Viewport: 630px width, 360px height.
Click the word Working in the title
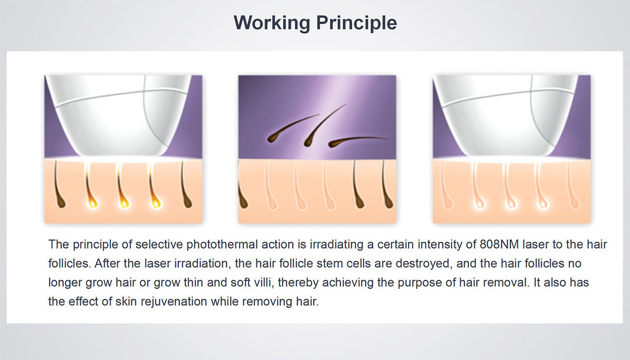point(272,23)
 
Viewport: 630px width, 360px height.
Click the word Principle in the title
point(356,23)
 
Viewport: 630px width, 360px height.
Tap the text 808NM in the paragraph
point(499,245)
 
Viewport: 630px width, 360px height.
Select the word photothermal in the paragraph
point(222,245)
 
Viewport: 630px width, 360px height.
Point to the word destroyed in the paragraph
point(424,264)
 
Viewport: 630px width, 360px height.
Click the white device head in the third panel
point(506,115)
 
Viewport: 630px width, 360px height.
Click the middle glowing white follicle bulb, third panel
point(511,203)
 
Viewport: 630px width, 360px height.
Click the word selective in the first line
point(159,245)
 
